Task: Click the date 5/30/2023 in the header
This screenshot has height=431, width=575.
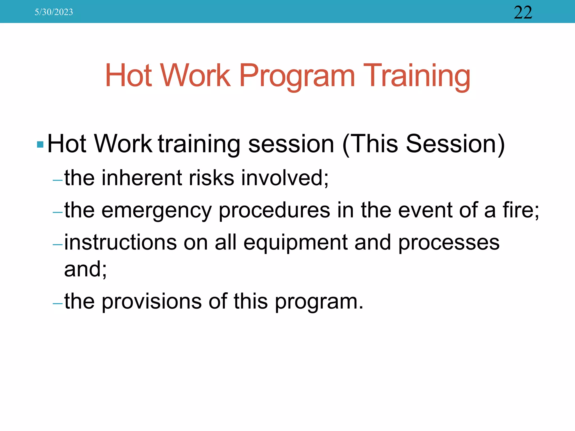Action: [54, 12]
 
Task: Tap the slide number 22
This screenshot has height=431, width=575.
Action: [523, 13]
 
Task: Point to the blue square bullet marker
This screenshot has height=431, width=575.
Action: [40, 145]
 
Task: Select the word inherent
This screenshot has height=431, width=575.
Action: [142, 178]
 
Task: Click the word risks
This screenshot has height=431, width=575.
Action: [211, 178]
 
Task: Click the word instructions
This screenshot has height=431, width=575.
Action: [120, 242]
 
